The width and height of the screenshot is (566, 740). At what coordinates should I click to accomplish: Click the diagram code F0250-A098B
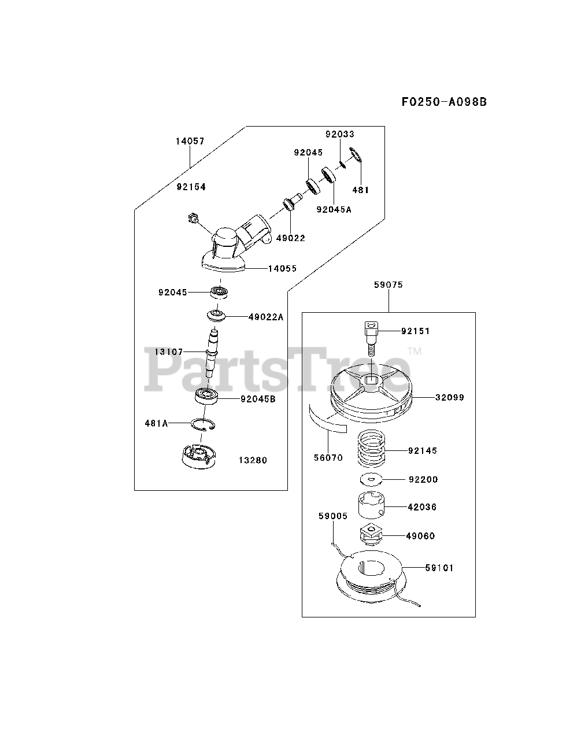pos(444,102)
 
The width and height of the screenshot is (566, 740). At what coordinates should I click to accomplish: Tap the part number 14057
pos(190,141)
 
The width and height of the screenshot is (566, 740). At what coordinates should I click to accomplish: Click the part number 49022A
pos(266,317)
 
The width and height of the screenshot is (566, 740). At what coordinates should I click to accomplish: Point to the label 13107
pos(169,351)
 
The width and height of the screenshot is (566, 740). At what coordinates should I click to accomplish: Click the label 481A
pos(156,423)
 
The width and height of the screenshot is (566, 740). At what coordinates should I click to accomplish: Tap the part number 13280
pos(253,460)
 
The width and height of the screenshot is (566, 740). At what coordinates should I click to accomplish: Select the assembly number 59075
pos(389,285)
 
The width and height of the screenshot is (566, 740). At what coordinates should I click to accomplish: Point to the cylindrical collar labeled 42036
pos(368,507)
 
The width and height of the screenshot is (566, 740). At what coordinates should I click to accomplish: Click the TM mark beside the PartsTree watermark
pos(415,351)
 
